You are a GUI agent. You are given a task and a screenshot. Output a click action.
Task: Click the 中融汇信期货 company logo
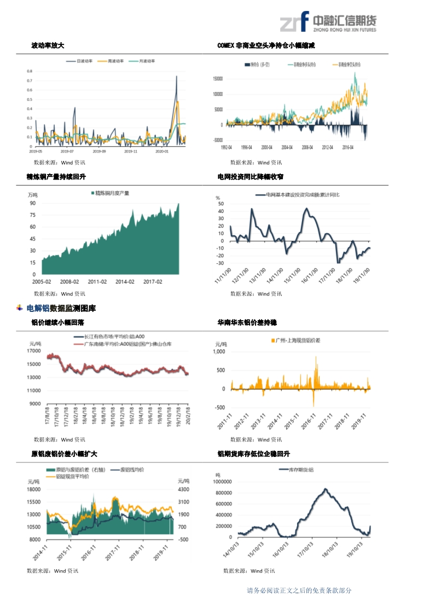click(x=328, y=21)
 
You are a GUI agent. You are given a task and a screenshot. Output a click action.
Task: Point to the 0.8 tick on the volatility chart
click(x=30, y=71)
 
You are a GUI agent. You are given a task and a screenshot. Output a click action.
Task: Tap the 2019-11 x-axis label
click(x=131, y=151)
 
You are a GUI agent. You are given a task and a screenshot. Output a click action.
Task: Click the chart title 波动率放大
click(x=48, y=45)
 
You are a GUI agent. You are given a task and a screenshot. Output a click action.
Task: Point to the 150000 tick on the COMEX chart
click(x=217, y=79)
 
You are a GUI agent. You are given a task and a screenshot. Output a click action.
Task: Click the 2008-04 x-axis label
click(x=307, y=147)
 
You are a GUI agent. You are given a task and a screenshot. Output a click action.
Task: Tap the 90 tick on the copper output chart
click(x=33, y=203)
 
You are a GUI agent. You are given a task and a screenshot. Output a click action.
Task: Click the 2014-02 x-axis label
click(x=125, y=282)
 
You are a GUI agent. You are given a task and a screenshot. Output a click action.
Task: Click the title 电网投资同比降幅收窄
click(x=250, y=177)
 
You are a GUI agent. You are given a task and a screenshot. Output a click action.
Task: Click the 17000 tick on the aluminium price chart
click(x=34, y=351)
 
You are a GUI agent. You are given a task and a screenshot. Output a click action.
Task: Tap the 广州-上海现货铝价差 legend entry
click(x=298, y=341)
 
